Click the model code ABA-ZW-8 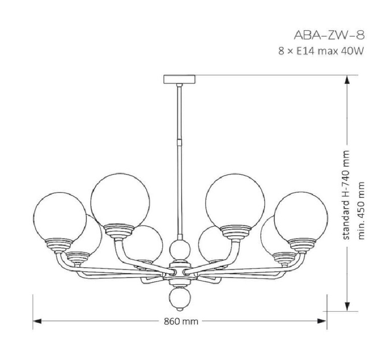329,36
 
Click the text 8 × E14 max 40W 321,51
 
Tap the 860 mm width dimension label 181,321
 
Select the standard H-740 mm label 346,195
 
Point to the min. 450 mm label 361,210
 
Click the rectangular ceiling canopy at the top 179,79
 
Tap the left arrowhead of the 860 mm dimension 37,321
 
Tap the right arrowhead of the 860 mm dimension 322,321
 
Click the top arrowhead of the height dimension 347,80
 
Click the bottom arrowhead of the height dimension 347,307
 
